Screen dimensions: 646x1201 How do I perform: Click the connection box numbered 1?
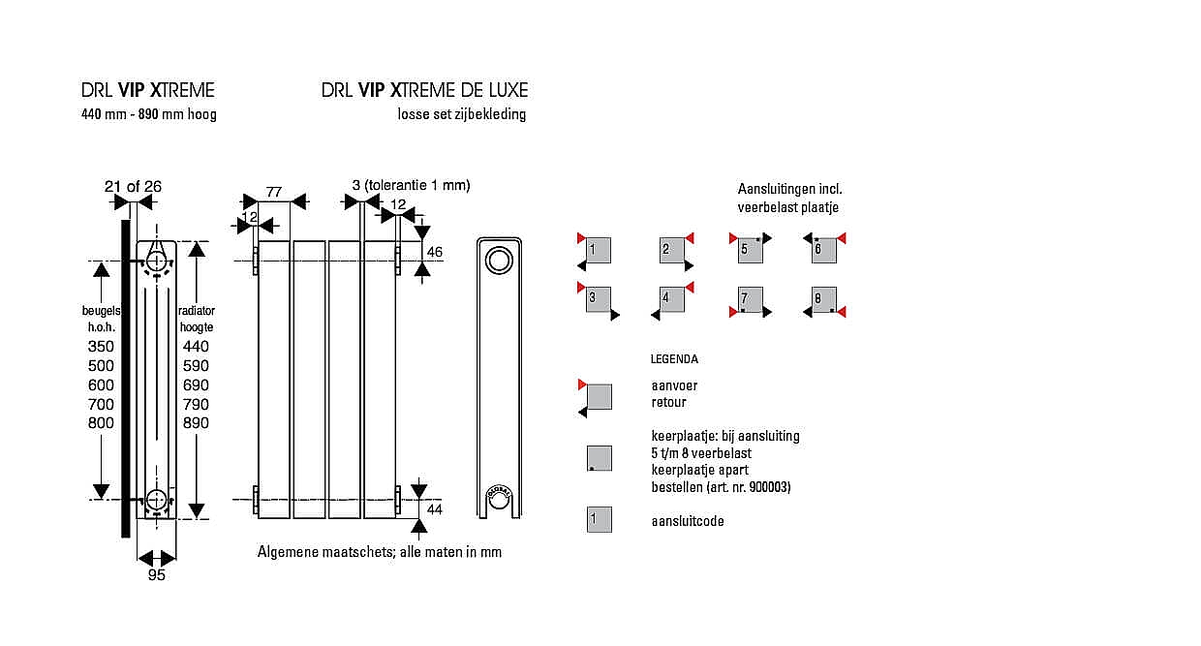pyautogui.click(x=598, y=250)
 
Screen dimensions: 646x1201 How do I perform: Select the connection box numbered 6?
pyautogui.click(x=823, y=250)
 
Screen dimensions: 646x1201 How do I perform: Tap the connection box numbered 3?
pyautogui.click(x=598, y=299)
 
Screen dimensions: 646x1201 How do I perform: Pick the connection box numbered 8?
pyautogui.click(x=823, y=299)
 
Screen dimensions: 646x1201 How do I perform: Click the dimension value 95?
pyautogui.click(x=157, y=575)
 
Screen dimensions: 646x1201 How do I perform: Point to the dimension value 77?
pyautogui.click(x=274, y=192)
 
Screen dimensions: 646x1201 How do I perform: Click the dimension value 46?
pyautogui.click(x=435, y=252)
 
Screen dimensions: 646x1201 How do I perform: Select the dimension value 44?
pyautogui.click(x=434, y=508)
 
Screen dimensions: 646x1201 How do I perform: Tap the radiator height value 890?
pyautogui.click(x=196, y=423)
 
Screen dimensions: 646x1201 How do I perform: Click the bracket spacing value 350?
pyautogui.click(x=101, y=347)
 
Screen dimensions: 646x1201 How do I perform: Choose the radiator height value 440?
pyautogui.click(x=196, y=347)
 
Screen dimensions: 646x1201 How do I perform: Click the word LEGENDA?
pyautogui.click(x=674, y=359)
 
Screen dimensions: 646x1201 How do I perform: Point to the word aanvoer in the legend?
pyautogui.click(x=674, y=385)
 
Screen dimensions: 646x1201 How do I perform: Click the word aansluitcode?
pyautogui.click(x=688, y=521)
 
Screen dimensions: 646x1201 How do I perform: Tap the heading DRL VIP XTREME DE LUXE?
pyautogui.click(x=425, y=90)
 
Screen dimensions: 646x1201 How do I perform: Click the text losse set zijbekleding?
pyautogui.click(x=462, y=114)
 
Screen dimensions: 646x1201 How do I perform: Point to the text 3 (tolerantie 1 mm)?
pyautogui.click(x=411, y=185)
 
